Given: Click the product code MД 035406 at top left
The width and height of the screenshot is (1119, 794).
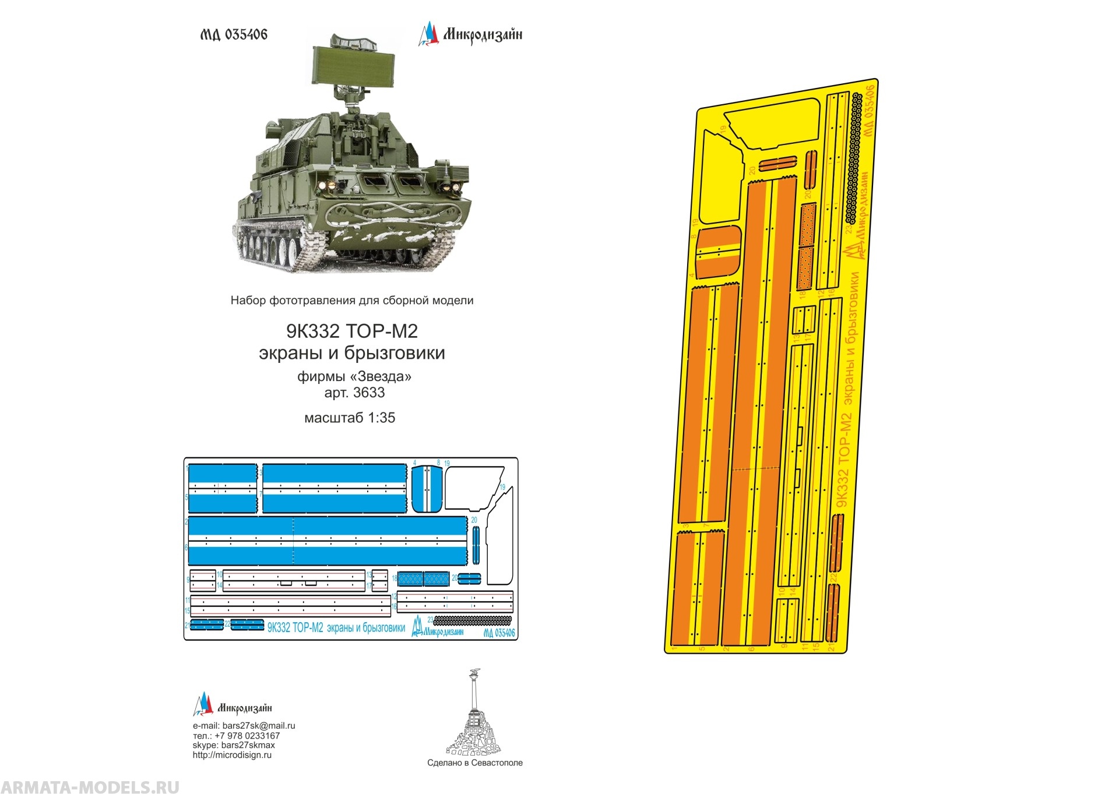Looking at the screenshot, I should pyautogui.click(x=234, y=35).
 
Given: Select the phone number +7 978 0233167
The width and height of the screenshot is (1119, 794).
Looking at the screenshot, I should pyautogui.click(x=246, y=736).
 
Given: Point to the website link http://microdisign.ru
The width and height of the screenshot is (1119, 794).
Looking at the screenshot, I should pyautogui.click(x=232, y=755).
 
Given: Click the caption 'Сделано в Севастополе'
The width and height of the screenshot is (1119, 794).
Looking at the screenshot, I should pyautogui.click(x=474, y=763).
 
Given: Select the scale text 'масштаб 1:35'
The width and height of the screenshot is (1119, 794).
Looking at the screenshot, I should pyautogui.click(x=350, y=418).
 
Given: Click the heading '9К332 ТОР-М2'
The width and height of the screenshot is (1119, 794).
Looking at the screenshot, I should pyautogui.click(x=352, y=331).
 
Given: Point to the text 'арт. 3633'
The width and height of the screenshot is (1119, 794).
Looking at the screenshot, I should pyautogui.click(x=354, y=393).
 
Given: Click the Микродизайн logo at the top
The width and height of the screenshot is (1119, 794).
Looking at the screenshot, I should pyautogui.click(x=470, y=34).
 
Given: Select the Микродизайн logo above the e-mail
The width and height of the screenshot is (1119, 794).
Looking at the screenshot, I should pyautogui.click(x=233, y=706).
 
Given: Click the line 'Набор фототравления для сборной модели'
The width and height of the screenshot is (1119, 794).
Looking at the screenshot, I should pyautogui.click(x=352, y=301).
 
